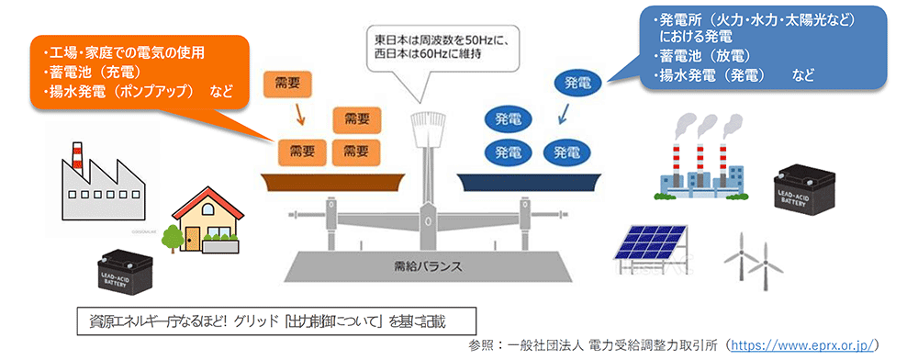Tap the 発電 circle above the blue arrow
tap(578, 83)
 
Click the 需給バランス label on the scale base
tap(424, 266)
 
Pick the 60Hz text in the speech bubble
tap(428, 54)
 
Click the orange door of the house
tap(191, 238)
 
